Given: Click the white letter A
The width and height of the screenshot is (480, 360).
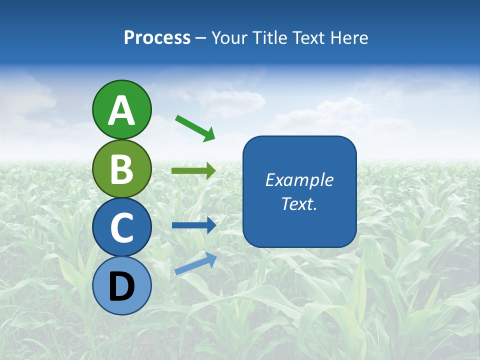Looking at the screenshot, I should [x=122, y=110].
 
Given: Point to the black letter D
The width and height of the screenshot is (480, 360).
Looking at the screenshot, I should [x=122, y=286].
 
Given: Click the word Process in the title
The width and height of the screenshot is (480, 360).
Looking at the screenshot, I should [x=157, y=37].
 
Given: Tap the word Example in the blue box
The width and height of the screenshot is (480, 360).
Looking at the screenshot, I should [x=299, y=180].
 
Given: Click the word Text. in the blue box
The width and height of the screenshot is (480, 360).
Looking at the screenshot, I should [x=299, y=203].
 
